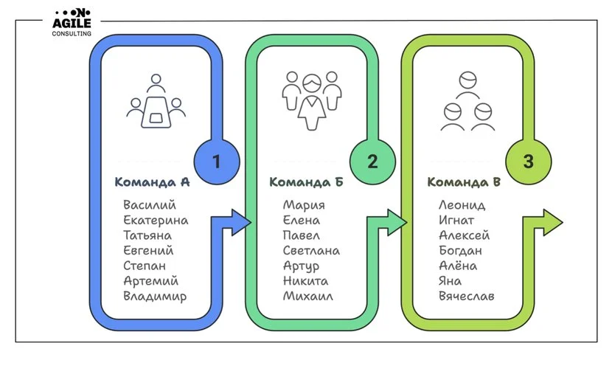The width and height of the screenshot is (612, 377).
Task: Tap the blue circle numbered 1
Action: tap(216, 162)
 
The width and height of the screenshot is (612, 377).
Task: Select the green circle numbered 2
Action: tap(372, 162)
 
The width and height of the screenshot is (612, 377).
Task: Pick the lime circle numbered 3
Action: tap(528, 162)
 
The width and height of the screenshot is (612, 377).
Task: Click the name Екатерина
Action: tap(156, 221)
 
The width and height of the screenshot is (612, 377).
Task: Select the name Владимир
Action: tap(155, 297)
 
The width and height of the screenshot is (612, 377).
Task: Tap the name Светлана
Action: tap(311, 251)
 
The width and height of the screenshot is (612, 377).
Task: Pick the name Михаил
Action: tap(307, 297)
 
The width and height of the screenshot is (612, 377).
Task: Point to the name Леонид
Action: tap(462, 205)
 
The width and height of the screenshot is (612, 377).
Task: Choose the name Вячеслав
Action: tap(466, 297)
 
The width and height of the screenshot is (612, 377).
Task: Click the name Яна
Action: tap(450, 281)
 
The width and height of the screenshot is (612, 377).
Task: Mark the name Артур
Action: tap(301, 266)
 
